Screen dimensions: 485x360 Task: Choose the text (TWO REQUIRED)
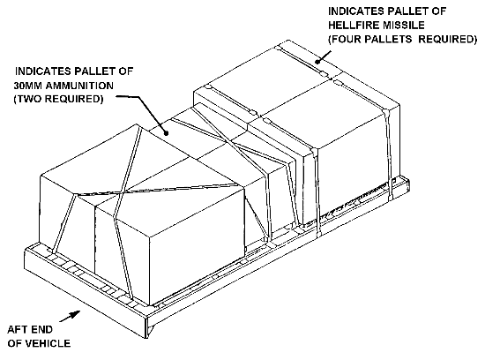(58, 99)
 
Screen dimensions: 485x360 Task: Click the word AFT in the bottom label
(17, 329)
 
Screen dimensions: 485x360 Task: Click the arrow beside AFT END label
(70, 317)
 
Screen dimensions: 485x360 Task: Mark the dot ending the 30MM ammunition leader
(167, 133)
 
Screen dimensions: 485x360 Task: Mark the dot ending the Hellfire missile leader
(317, 61)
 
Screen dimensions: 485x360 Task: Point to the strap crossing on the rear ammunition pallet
(229, 142)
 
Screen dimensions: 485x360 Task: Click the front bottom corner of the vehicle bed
(147, 338)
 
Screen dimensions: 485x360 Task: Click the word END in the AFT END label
(41, 329)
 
